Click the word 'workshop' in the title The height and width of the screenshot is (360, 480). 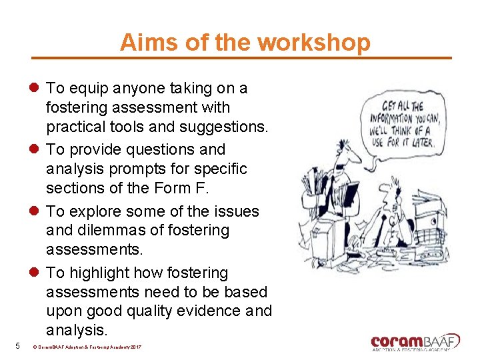(313, 43)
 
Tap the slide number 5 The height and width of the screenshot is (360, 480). (17, 345)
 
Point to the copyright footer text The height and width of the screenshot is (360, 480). (87, 347)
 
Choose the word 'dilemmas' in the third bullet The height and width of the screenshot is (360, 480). (107, 230)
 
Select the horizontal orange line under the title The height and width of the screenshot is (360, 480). (241, 58)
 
